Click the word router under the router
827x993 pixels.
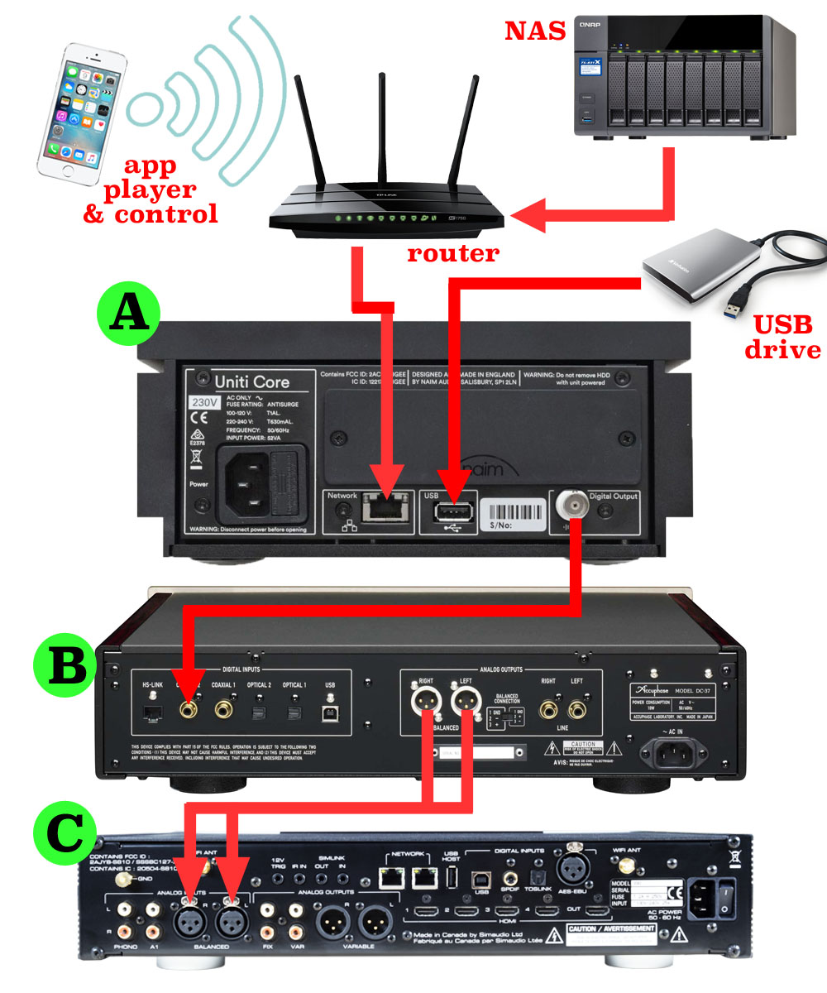(453, 252)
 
